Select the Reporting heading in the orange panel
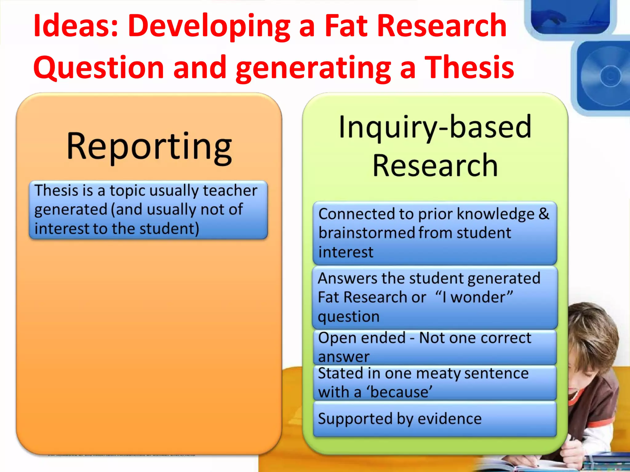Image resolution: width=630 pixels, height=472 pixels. tap(149, 147)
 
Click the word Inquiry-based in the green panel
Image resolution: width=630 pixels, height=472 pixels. tap(435, 127)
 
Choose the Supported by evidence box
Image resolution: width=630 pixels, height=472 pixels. tap(435, 419)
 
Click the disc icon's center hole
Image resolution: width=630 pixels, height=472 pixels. tap(610, 76)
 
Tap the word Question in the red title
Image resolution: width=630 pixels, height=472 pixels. tap(98, 68)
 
